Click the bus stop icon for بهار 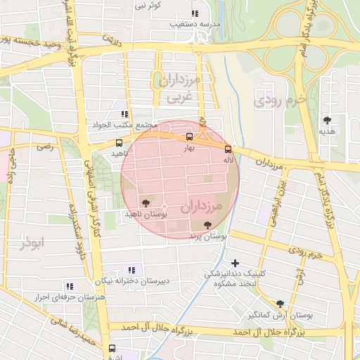point(188,137)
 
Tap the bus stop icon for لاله point(228,148)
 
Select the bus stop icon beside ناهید point(118,143)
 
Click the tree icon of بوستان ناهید point(146,202)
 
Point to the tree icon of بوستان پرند point(207,226)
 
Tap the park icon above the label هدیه point(327,120)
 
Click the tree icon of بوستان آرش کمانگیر point(281,304)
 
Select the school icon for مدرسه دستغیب point(195,13)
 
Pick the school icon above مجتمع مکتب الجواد point(124,114)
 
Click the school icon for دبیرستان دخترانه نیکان point(131,270)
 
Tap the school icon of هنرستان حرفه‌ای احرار point(69,286)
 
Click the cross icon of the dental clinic point(235,263)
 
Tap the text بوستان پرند point(209,238)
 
